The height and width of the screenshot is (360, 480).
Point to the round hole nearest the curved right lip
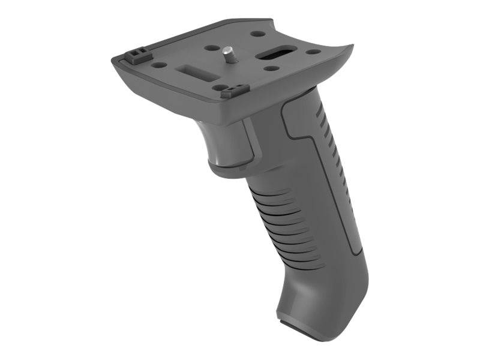pyautogui.click(x=313, y=52)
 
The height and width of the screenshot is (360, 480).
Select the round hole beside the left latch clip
pyautogui.click(x=159, y=64)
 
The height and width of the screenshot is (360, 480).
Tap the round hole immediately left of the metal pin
pyautogui.click(x=211, y=48)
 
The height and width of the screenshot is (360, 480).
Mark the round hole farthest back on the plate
pyautogui.click(x=255, y=35)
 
